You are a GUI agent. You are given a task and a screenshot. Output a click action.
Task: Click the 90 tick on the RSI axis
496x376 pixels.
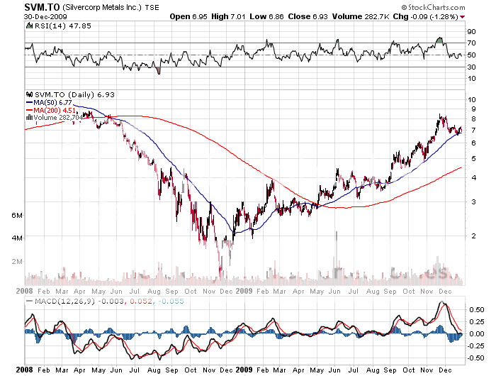coord(470,31)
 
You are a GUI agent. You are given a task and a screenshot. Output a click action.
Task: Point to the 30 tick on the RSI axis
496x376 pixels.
coord(470,67)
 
